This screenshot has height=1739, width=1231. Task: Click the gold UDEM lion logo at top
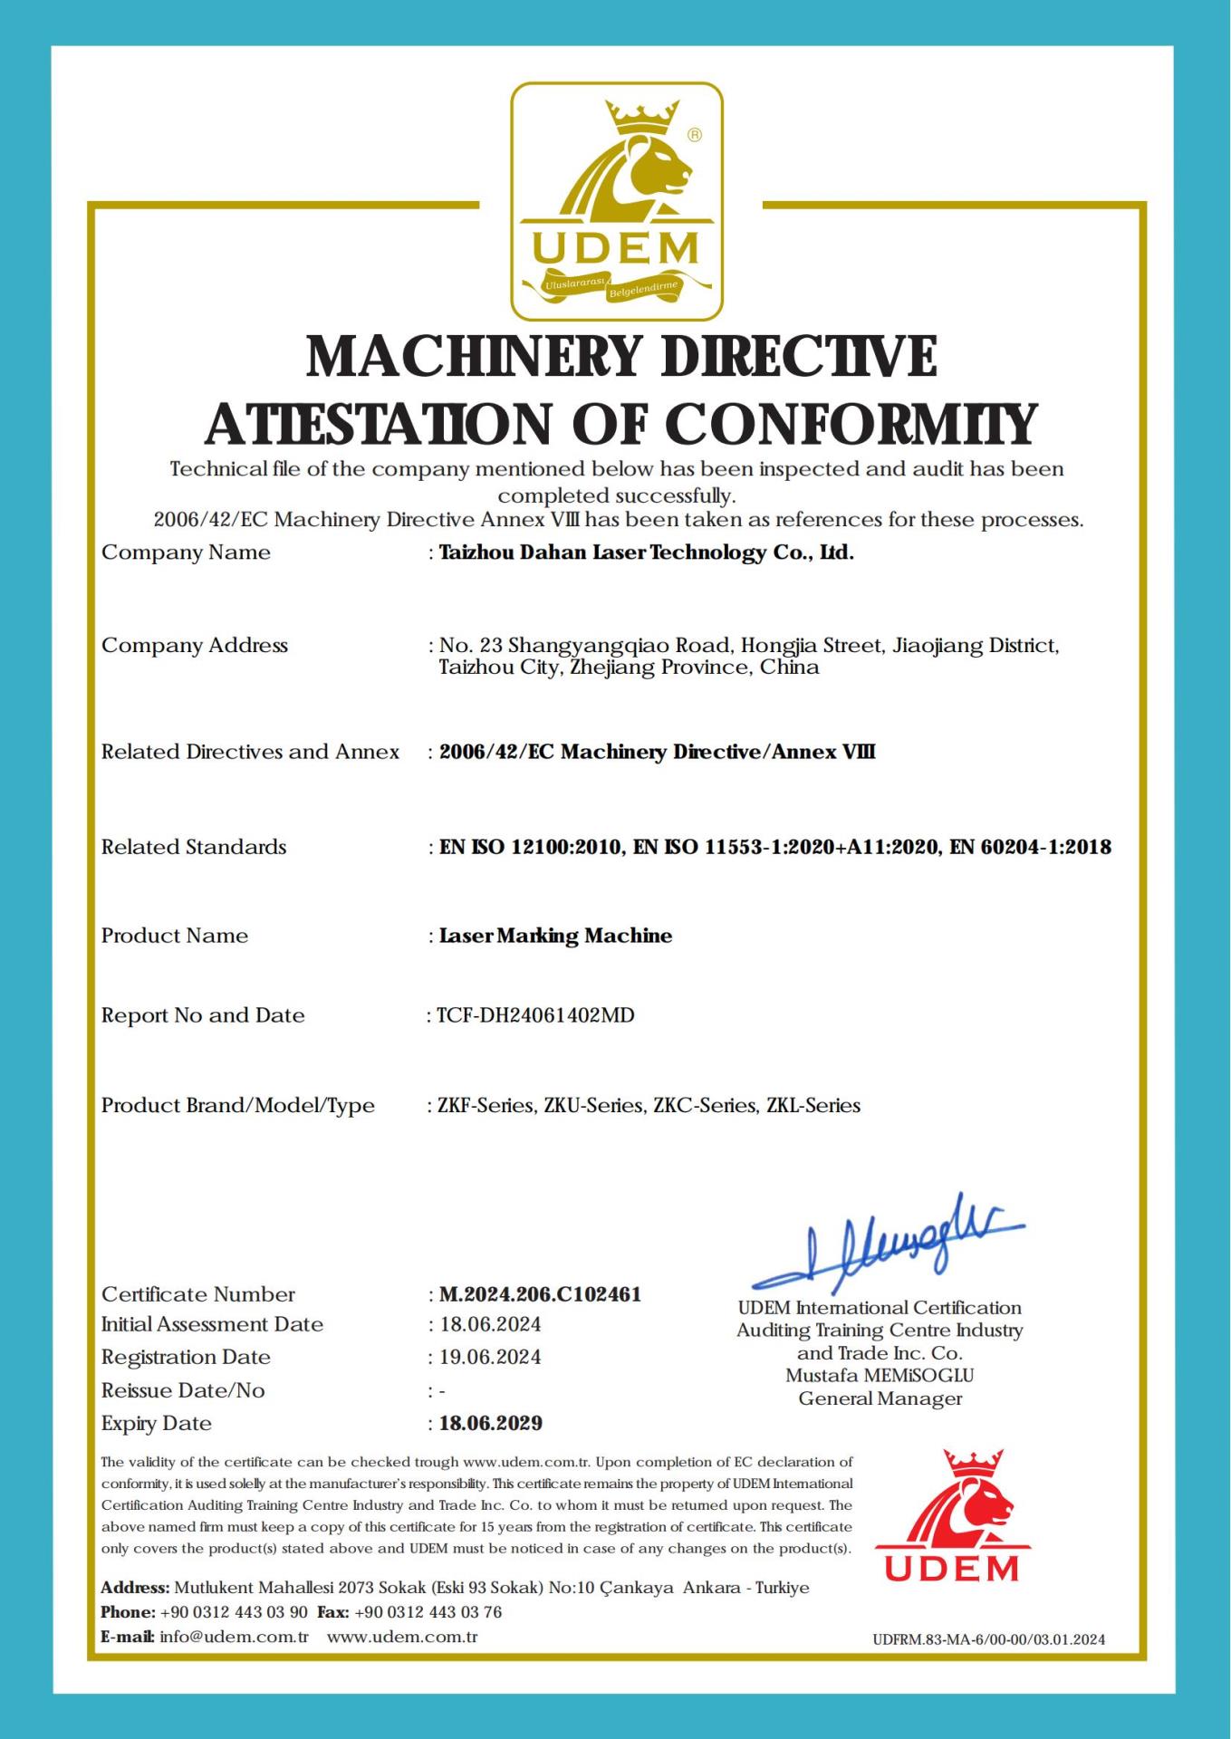click(616, 201)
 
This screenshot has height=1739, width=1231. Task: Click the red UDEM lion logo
click(952, 1516)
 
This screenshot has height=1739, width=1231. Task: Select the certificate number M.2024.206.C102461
click(540, 1294)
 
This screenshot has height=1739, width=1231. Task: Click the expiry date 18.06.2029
click(491, 1423)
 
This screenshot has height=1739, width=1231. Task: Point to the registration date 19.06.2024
click(491, 1357)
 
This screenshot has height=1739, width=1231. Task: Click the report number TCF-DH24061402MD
click(535, 1015)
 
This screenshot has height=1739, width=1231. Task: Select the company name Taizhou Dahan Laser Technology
click(646, 552)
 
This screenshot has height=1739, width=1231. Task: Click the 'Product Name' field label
click(175, 936)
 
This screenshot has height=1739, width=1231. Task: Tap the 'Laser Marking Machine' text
click(555, 936)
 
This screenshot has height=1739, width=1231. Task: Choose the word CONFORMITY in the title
click(851, 424)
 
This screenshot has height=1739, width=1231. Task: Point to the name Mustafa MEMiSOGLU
click(880, 1375)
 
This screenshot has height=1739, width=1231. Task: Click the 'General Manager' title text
click(880, 1398)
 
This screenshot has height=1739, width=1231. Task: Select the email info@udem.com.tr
click(234, 1637)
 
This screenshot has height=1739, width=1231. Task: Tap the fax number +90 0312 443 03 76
click(428, 1612)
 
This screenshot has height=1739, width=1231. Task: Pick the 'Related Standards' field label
click(194, 847)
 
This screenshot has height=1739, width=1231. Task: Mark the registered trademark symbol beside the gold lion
click(695, 135)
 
